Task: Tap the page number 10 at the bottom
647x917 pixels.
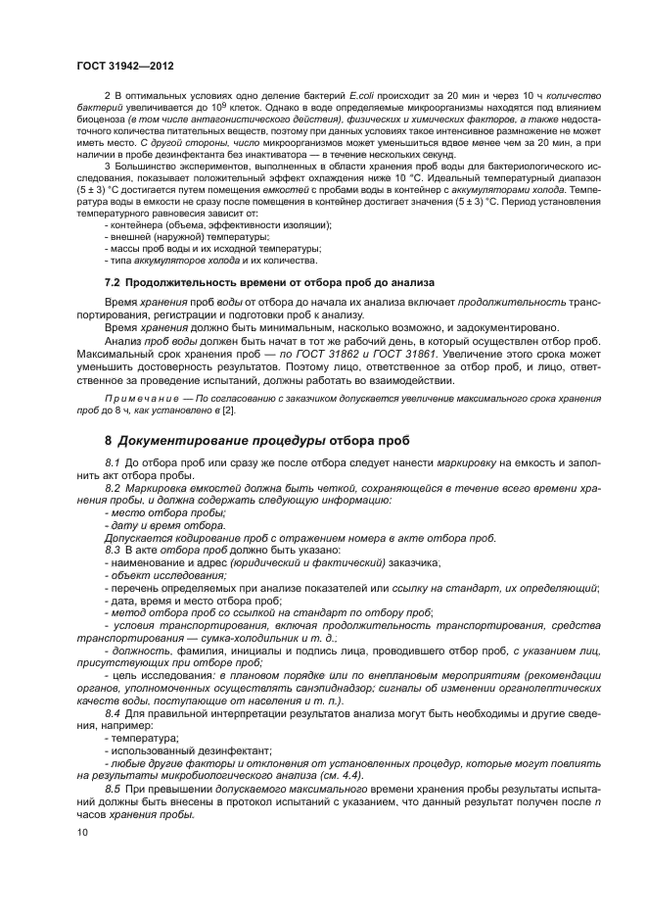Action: pyautogui.click(x=82, y=831)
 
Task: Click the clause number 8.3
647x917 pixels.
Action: pyautogui.click(x=113, y=549)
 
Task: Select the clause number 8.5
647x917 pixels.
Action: pyautogui.click(x=113, y=789)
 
